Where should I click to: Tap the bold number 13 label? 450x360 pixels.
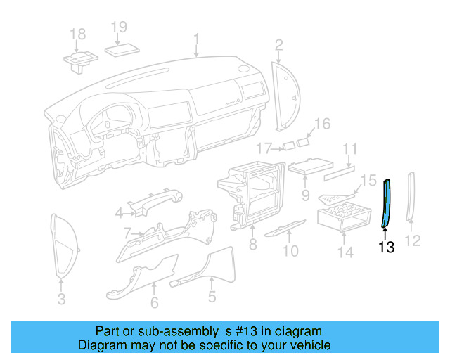pos(387,247)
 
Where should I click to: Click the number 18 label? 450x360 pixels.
pos(77,34)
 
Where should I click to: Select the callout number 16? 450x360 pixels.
pos(321,124)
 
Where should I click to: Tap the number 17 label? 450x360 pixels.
pos(264,148)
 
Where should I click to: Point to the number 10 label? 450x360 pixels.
pos(290,251)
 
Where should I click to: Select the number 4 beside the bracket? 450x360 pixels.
pos(120,213)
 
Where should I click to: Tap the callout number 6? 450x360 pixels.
pos(155,303)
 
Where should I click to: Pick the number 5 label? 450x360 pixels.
pos(212,297)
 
